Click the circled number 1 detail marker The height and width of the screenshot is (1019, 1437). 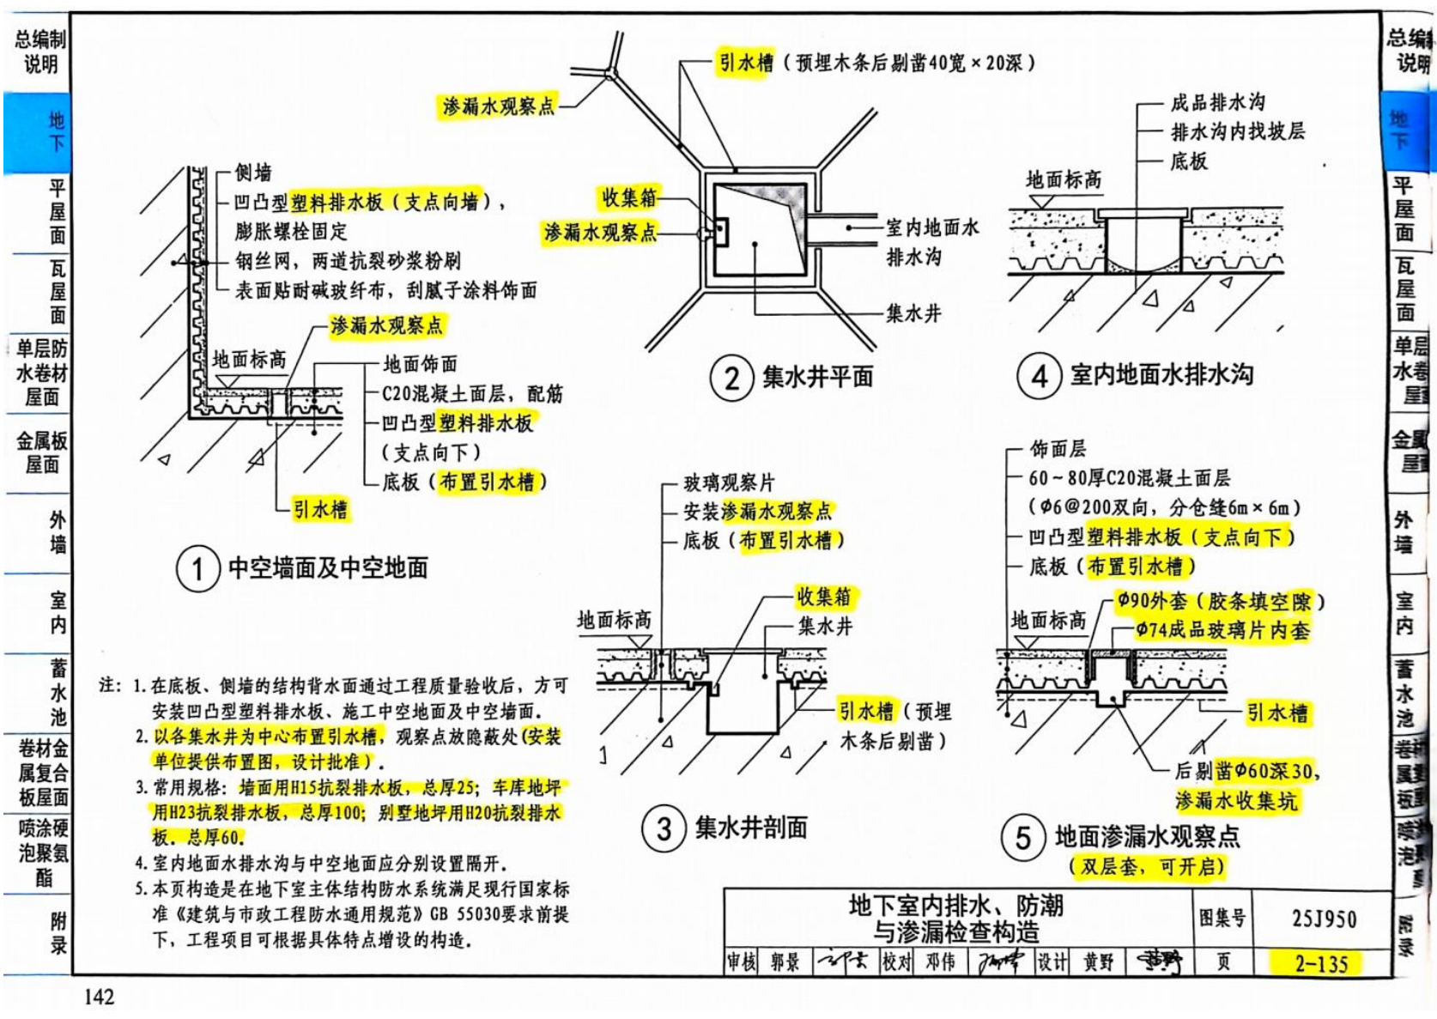(x=197, y=569)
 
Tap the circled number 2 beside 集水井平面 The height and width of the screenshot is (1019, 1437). (x=731, y=378)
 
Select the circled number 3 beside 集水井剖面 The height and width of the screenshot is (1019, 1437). (x=664, y=828)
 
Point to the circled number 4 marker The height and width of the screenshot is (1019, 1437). (x=1039, y=376)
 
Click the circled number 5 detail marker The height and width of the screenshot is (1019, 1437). (x=1023, y=837)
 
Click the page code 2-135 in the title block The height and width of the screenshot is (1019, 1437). (x=1322, y=964)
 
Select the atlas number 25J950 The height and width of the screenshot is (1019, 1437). (x=1324, y=919)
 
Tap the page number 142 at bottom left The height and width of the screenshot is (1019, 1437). (x=99, y=997)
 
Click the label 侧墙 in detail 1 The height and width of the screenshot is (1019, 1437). (x=253, y=173)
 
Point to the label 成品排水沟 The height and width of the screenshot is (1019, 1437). (x=1217, y=103)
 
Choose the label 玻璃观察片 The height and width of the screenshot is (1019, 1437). (x=729, y=482)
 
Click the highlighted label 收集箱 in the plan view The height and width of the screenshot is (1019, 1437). (x=629, y=197)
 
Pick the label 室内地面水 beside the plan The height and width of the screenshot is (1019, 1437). (x=932, y=227)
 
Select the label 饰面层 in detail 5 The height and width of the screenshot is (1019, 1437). (x=1058, y=448)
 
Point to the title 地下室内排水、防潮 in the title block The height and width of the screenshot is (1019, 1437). (x=955, y=905)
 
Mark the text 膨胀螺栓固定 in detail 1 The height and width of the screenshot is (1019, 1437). (x=291, y=231)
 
